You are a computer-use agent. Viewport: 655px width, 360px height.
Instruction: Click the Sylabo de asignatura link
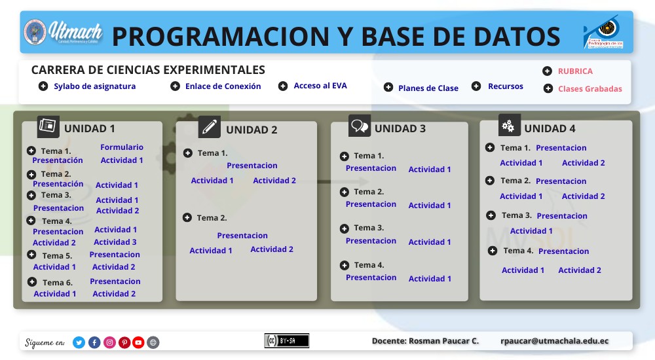tap(94, 86)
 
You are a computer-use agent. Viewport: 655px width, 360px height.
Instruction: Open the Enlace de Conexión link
tap(223, 86)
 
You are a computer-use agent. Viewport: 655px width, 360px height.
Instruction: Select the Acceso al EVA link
tap(320, 86)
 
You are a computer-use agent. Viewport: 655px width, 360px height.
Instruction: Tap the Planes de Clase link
tap(428, 88)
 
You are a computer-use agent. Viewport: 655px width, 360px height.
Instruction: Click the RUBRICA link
tap(574, 71)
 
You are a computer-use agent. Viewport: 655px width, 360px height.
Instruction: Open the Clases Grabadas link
tap(589, 89)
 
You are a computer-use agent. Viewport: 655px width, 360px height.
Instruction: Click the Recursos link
tap(505, 86)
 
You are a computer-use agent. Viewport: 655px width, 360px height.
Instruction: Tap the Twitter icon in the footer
tap(79, 342)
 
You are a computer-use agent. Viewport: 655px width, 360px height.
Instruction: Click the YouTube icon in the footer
tap(138, 342)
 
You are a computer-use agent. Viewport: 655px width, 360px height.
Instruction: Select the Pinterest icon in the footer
tap(124, 342)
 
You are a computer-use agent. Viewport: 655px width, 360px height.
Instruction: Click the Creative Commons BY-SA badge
tap(286, 341)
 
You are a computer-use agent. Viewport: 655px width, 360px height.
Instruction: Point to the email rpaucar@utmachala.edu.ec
tap(554, 341)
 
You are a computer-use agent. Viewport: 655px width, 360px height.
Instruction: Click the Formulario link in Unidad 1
tap(122, 147)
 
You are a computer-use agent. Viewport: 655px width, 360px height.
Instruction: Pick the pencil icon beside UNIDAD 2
tap(210, 127)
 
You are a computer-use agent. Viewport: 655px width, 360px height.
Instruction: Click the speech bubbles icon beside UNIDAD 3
tap(360, 126)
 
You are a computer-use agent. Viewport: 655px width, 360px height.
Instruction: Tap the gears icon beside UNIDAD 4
tap(509, 126)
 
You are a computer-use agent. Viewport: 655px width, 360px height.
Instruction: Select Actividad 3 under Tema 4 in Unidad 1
tap(115, 242)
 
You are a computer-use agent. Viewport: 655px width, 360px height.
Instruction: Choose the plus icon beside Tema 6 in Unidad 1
tap(32, 282)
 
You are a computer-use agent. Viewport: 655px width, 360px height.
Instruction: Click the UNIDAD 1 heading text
tap(90, 129)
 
